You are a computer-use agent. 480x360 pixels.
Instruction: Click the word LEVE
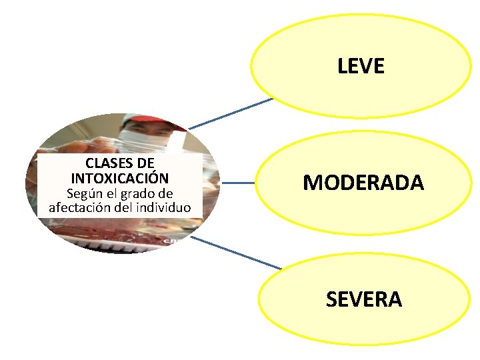[361, 67]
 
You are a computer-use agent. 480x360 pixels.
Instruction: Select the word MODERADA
[363, 183]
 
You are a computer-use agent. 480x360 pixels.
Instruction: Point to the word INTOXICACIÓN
[119, 178]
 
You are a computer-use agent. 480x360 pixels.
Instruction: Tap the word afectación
[81, 207]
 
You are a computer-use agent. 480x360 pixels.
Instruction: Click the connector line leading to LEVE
[230, 114]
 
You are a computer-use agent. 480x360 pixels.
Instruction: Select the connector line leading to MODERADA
[237, 182]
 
